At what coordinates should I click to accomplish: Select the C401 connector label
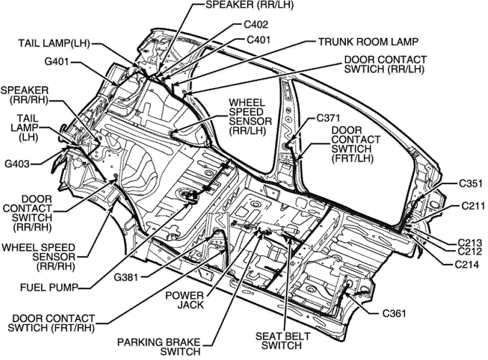[x=258, y=40]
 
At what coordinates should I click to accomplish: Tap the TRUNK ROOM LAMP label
[x=368, y=41]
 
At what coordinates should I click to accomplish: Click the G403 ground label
[x=17, y=164]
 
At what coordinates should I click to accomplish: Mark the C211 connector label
[x=470, y=207]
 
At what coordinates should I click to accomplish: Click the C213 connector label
[x=470, y=242]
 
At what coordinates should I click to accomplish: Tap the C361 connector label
[x=395, y=313]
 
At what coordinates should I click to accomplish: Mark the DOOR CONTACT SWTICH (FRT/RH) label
[x=48, y=323]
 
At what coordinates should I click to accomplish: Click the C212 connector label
[x=470, y=251]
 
